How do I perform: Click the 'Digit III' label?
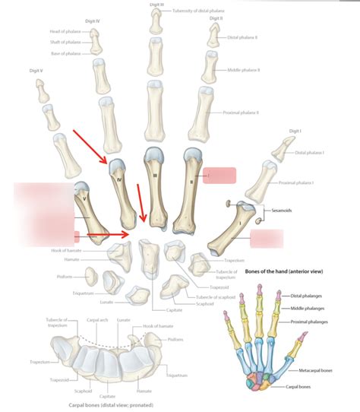(157, 5)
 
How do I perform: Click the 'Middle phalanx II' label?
(244, 69)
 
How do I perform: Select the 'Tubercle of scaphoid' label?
(215, 297)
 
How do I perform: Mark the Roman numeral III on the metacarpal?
(155, 176)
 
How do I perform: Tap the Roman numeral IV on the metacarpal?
(120, 179)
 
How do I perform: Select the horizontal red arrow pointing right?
(106, 235)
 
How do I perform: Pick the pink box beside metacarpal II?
(219, 175)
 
